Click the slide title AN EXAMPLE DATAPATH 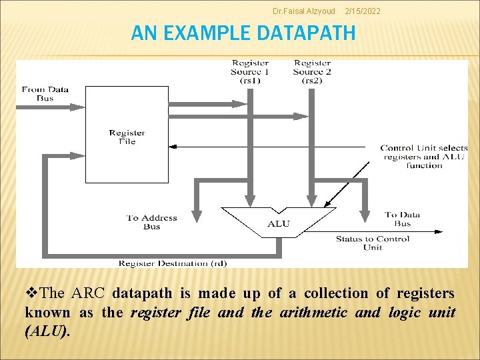[x=243, y=33]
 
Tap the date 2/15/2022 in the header [x=365, y=11]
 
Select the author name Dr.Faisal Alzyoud [x=305, y=11]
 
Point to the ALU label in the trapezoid [x=279, y=223]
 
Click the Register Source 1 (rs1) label [x=250, y=72]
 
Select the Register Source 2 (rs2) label [x=312, y=72]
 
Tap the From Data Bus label [x=45, y=93]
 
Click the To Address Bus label [x=152, y=222]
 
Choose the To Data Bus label [x=402, y=219]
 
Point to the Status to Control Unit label [x=373, y=243]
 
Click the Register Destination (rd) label [x=173, y=263]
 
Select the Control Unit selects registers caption [x=424, y=157]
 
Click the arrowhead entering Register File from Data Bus [x=80, y=106]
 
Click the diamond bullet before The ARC [x=31, y=293]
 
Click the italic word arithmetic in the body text [x=313, y=313]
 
